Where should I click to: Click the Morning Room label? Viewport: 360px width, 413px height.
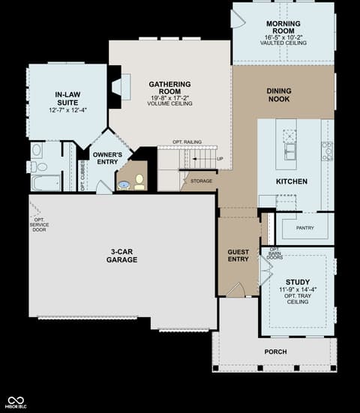click(x=283, y=27)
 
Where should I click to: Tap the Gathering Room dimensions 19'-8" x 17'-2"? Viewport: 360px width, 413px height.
click(x=169, y=97)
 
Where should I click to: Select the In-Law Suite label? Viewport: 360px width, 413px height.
click(x=67, y=98)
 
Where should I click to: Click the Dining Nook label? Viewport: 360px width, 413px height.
click(x=279, y=95)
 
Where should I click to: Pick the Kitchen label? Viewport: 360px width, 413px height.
click(x=292, y=181)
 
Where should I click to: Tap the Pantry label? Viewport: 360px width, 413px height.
click(x=305, y=228)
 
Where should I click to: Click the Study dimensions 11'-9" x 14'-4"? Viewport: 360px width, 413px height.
click(x=298, y=290)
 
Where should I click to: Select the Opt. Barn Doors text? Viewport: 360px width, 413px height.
click(x=274, y=253)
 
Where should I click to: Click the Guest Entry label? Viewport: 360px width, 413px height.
click(x=238, y=256)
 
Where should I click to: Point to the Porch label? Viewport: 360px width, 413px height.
click(x=276, y=352)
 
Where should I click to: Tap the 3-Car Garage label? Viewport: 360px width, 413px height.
click(x=121, y=256)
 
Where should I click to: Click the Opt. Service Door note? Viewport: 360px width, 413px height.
click(x=39, y=225)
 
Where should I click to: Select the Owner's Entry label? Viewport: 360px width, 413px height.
click(x=107, y=158)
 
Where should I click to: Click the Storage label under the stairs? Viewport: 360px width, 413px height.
click(x=201, y=181)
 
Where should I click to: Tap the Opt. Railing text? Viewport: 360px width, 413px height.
click(x=187, y=142)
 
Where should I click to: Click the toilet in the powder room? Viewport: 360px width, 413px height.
click(x=139, y=181)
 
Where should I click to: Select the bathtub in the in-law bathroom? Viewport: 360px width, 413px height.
click(x=46, y=183)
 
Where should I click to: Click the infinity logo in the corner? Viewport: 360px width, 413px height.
click(x=16, y=401)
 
